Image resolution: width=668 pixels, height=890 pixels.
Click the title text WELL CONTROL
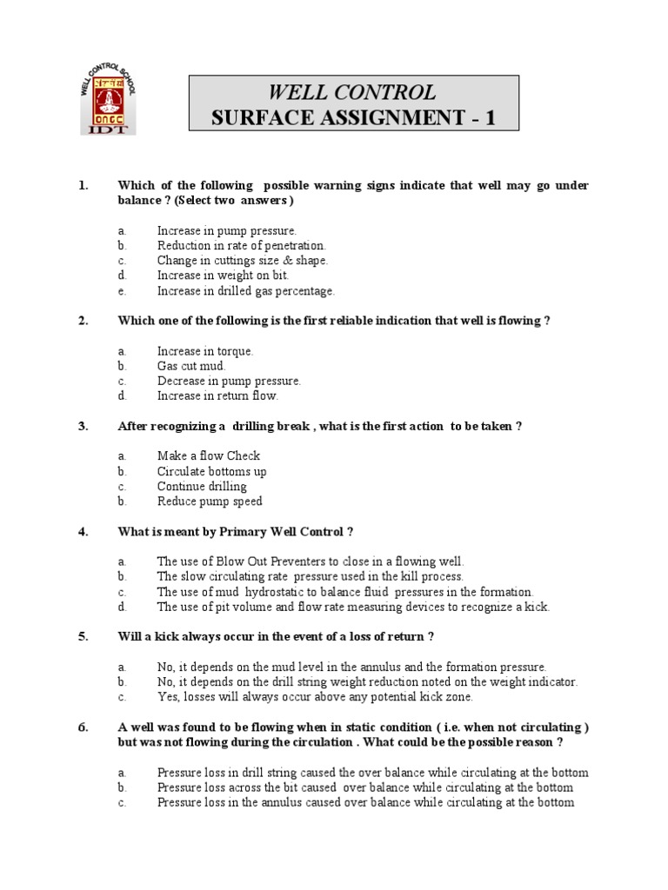pos(352,92)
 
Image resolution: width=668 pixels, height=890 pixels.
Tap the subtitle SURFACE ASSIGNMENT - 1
pos(353,118)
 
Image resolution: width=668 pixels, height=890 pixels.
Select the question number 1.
pos(83,186)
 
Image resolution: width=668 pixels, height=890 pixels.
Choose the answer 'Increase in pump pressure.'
pos(227,230)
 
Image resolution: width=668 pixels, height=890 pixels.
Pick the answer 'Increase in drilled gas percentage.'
pos(245,291)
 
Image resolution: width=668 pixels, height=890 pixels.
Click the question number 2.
pos(83,321)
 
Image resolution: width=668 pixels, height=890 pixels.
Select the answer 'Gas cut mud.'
pos(191,366)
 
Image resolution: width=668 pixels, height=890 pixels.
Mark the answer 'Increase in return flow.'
pos(217,395)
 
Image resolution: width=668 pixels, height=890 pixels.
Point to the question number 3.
pos(83,426)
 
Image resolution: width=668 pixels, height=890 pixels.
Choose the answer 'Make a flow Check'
pos(209,455)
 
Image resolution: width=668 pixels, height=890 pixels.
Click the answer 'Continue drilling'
pos(202,486)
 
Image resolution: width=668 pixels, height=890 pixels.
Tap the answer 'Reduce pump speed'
pos(210,501)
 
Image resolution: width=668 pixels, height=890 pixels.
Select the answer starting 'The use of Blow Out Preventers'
pos(311,561)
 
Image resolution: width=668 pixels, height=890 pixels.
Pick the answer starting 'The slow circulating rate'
pos(311,576)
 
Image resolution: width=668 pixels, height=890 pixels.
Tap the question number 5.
pos(83,636)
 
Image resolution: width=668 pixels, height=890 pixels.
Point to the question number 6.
pos(83,727)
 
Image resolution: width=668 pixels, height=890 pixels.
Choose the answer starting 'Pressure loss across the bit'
pos(365,787)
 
